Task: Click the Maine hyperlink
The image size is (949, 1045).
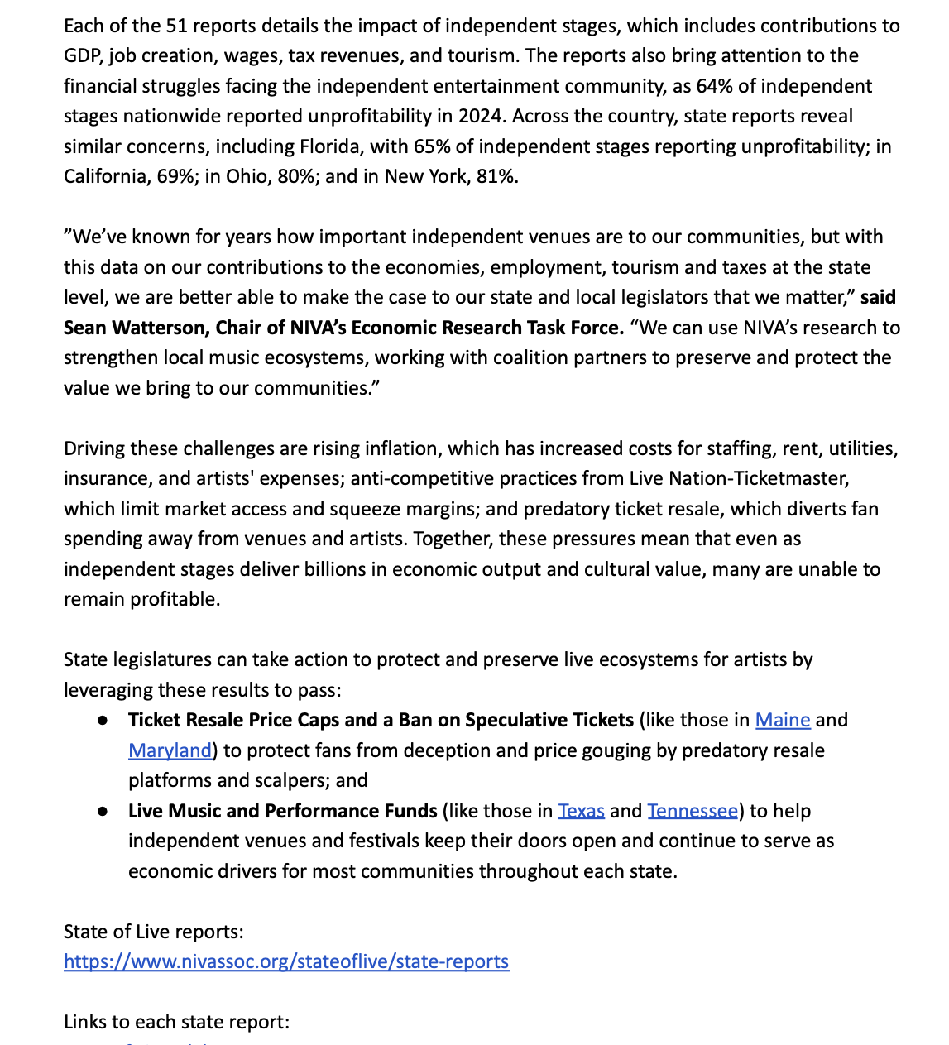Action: pyautogui.click(x=782, y=720)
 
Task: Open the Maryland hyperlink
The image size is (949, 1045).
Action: pyautogui.click(x=170, y=750)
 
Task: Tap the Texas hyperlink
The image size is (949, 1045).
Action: pyautogui.click(x=581, y=811)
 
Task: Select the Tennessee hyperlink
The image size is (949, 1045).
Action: pyautogui.click(x=693, y=811)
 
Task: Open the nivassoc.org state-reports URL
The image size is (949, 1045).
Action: pyautogui.click(x=286, y=961)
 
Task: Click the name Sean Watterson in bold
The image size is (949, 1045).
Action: pyautogui.click(x=136, y=328)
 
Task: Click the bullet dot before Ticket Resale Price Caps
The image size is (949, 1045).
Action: pyautogui.click(x=103, y=721)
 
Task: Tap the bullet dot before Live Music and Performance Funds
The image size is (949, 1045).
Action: pyautogui.click(x=103, y=812)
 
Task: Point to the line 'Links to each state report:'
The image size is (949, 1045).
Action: pyautogui.click(x=176, y=1022)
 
